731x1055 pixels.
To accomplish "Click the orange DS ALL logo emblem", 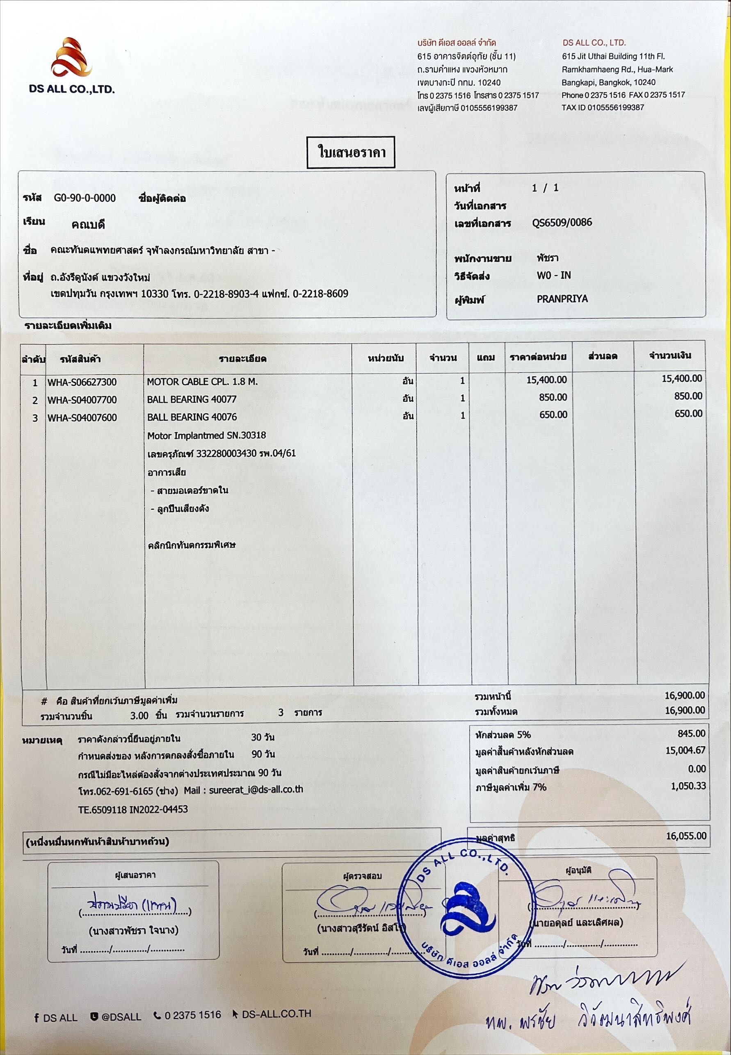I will tap(71, 57).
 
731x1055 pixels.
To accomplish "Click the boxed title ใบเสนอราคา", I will tap(351, 152).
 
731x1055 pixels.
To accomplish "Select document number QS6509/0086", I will tap(562, 223).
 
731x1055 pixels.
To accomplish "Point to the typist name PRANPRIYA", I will tap(562, 299).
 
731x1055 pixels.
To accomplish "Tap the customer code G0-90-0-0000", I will tap(85, 198).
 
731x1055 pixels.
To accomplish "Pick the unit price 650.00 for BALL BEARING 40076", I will tap(553, 415).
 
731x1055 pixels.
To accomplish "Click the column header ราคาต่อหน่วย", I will tap(538, 357).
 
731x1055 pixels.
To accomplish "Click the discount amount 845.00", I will tap(691, 733).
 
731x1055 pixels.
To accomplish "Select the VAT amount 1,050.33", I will tap(688, 786).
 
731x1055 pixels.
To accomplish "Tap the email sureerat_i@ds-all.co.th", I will tap(256, 790).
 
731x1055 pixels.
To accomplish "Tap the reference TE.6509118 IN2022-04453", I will tap(133, 809).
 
